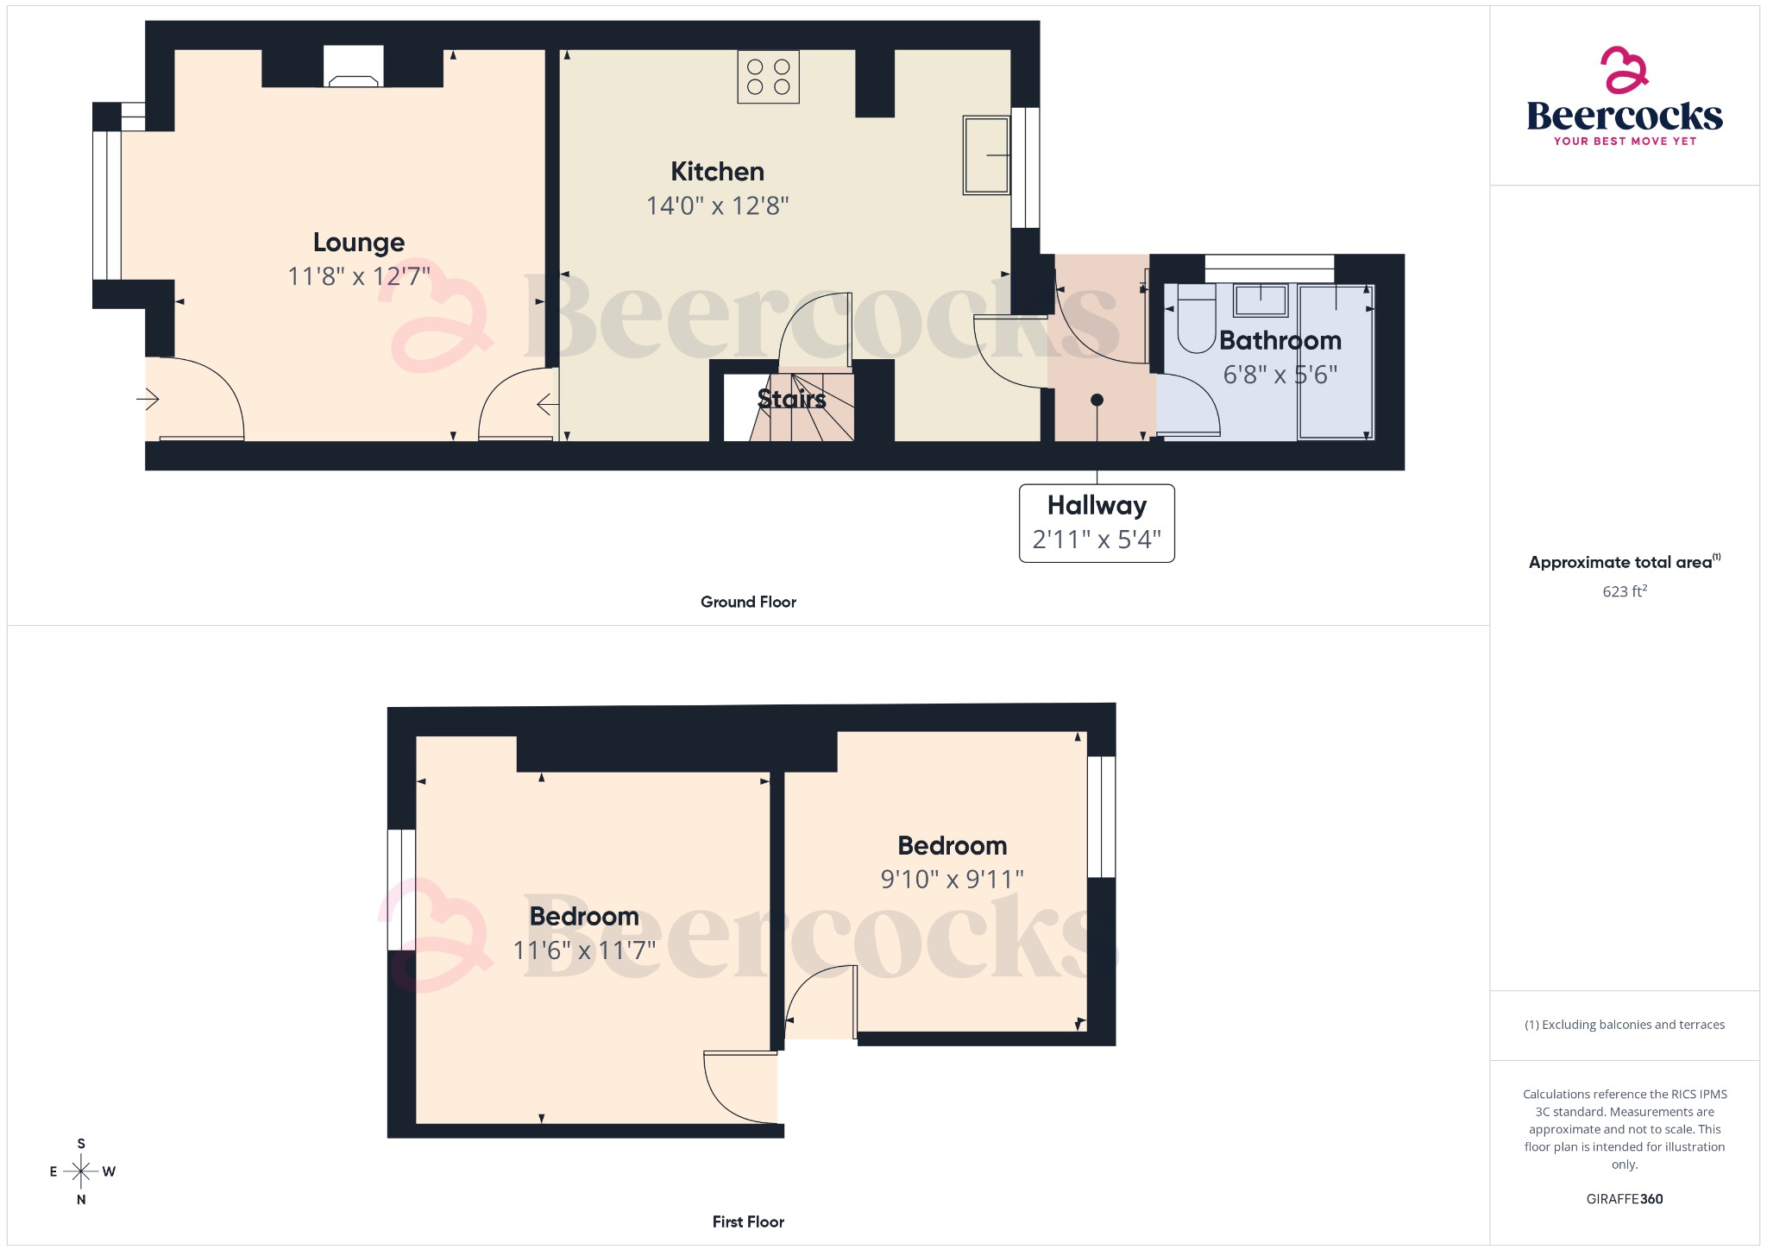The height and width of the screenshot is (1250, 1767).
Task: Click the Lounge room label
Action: [358, 243]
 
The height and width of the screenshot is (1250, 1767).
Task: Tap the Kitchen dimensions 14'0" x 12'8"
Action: [717, 205]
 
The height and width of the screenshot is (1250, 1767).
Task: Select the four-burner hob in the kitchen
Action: [768, 77]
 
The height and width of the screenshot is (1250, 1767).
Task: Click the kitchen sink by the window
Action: [986, 155]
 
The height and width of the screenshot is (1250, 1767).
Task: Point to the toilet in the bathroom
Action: [1196, 325]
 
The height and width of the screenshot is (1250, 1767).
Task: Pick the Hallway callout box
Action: [1097, 523]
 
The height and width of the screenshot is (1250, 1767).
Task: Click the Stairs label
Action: [791, 399]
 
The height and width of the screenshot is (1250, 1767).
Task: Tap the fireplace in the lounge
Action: [354, 68]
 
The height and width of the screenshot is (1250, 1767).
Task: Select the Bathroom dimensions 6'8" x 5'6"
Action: [1280, 375]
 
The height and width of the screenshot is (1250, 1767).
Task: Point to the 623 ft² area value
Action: [1624, 591]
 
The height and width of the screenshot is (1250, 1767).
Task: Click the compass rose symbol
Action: [81, 1171]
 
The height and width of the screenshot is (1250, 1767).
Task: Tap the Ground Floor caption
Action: [748, 602]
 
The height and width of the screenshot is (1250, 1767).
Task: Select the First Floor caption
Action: [748, 1222]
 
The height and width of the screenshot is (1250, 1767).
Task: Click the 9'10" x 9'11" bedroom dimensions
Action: [952, 879]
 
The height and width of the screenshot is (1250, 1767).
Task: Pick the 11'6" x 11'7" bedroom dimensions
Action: [584, 950]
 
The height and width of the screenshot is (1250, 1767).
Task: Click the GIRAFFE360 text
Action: [1624, 1198]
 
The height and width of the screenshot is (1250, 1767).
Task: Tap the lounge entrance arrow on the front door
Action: [148, 399]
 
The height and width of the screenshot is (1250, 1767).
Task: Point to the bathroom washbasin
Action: [1261, 301]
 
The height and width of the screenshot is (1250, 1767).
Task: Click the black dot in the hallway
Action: [1097, 400]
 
